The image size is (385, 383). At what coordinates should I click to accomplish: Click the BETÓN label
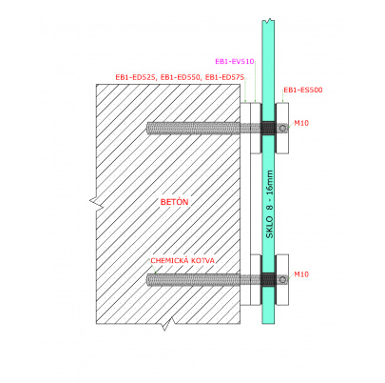pyautogui.click(x=174, y=202)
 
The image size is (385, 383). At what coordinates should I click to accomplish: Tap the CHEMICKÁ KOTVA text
pyautogui.click(x=183, y=261)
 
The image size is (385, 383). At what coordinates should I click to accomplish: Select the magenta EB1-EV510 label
pyautogui.click(x=235, y=62)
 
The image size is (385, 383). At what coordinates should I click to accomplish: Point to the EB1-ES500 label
pyautogui.click(x=303, y=91)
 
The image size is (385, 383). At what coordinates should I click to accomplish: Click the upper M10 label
pyautogui.click(x=301, y=123)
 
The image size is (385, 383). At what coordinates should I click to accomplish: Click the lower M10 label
pyautogui.click(x=301, y=274)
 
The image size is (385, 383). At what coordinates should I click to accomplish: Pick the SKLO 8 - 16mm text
pyautogui.click(x=269, y=205)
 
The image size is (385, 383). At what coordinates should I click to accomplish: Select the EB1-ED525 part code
pyautogui.click(x=137, y=77)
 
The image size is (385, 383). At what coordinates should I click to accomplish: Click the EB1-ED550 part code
pyautogui.click(x=181, y=77)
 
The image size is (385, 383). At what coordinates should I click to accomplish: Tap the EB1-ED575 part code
pyautogui.click(x=224, y=77)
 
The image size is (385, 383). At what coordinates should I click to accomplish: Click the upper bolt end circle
pyautogui.click(x=282, y=128)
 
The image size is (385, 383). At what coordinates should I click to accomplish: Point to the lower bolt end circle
pyautogui.click(x=282, y=279)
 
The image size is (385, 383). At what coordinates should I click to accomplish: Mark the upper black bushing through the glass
pyautogui.click(x=268, y=128)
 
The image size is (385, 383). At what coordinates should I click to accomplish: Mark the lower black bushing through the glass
pyautogui.click(x=268, y=279)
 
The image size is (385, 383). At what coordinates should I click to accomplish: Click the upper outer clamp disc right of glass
pyautogui.click(x=282, y=128)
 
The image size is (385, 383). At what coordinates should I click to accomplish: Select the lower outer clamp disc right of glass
pyautogui.click(x=282, y=280)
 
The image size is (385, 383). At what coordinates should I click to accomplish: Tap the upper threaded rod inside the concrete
pyautogui.click(x=194, y=128)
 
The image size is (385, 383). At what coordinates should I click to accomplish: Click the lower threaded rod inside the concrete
pyautogui.click(x=194, y=279)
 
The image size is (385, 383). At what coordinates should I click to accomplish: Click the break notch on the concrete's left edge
pyautogui.click(x=97, y=203)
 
